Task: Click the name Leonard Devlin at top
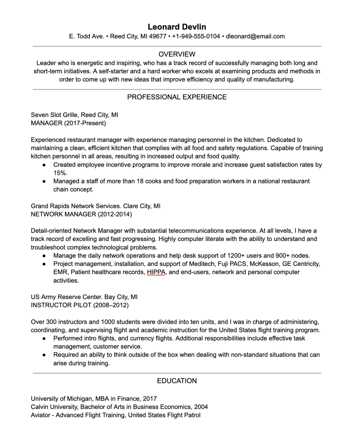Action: [177, 27]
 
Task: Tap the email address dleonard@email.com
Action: [255, 36]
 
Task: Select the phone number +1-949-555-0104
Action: [196, 36]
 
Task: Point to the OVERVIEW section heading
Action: [177, 54]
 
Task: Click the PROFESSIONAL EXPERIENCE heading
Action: [177, 97]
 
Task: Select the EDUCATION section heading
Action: [177, 381]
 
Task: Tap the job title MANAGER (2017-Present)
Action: [68, 123]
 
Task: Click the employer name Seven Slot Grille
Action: [54, 115]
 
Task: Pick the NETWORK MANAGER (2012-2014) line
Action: [81, 214]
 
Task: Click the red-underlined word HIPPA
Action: [156, 272]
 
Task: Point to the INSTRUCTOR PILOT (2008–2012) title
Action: [80, 305]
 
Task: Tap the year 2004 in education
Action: [201, 407]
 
